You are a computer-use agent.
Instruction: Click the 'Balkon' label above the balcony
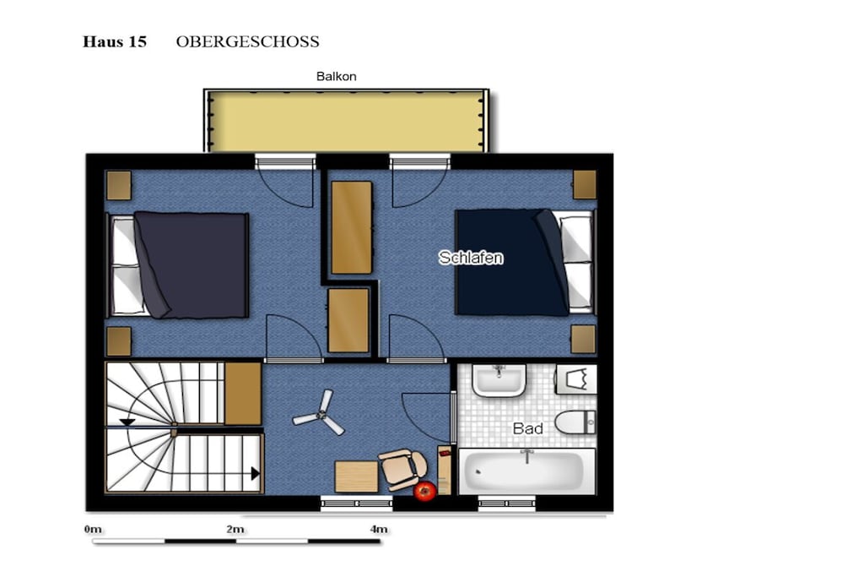336,76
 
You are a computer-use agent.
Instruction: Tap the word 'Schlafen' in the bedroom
471,258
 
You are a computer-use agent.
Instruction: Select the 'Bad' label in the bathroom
527,428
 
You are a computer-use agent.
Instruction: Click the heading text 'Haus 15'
115,42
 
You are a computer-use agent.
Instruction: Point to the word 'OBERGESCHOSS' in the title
247,42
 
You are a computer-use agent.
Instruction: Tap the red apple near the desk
425,490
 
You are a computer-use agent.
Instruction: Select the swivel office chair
402,468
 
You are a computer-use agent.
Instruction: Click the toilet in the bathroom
575,422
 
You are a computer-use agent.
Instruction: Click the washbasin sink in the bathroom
499,379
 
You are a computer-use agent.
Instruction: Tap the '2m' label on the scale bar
235,529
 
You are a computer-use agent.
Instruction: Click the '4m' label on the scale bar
379,529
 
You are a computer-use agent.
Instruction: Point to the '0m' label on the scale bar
93,529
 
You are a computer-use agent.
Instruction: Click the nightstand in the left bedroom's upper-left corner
118,185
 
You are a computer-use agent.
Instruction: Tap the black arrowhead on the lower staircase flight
255,473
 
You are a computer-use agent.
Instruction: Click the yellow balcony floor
347,122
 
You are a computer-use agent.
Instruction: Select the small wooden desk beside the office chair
357,476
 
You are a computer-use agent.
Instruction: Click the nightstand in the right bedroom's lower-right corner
583,339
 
